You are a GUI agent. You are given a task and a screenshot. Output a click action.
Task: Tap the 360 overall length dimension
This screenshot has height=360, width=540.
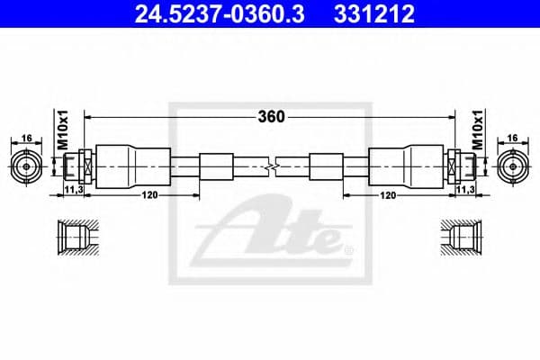tap(271, 117)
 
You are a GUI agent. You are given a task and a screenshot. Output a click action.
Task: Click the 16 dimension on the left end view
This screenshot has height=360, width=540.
tap(26, 138)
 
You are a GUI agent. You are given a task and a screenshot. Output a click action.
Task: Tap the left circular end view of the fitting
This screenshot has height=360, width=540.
tap(27, 166)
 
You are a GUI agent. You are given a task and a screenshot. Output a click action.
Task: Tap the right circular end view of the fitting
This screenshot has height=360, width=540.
tap(513, 166)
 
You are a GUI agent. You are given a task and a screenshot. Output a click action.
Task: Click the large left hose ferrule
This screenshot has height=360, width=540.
tap(132, 166)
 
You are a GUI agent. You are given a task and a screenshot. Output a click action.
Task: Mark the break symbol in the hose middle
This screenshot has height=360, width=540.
tap(272, 166)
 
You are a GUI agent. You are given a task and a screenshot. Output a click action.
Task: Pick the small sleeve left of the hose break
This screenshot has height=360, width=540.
tap(215, 166)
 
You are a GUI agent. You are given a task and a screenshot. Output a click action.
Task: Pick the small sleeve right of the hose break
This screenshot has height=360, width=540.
tap(325, 166)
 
